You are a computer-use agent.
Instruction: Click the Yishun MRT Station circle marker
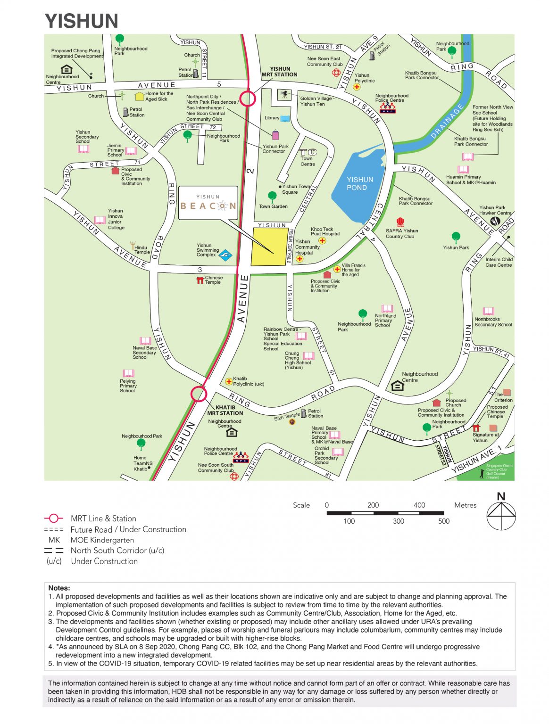[248, 99]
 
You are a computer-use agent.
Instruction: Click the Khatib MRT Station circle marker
[199, 394]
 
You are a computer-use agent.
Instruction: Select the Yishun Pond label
[359, 183]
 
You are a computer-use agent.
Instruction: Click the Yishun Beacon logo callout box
[208, 203]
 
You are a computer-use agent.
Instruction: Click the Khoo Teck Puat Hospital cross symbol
[322, 240]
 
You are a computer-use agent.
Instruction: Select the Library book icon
[285, 118]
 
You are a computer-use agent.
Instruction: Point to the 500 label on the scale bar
[443, 521]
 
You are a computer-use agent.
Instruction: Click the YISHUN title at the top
[82, 21]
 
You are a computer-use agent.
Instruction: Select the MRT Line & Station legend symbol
[53, 518]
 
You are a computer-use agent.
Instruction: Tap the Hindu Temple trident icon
[132, 246]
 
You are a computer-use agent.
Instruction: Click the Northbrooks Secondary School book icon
[488, 311]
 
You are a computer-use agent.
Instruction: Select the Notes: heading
[59, 588]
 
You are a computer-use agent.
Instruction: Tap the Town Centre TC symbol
[308, 152]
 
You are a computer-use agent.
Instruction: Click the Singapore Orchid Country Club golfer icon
[482, 473]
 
